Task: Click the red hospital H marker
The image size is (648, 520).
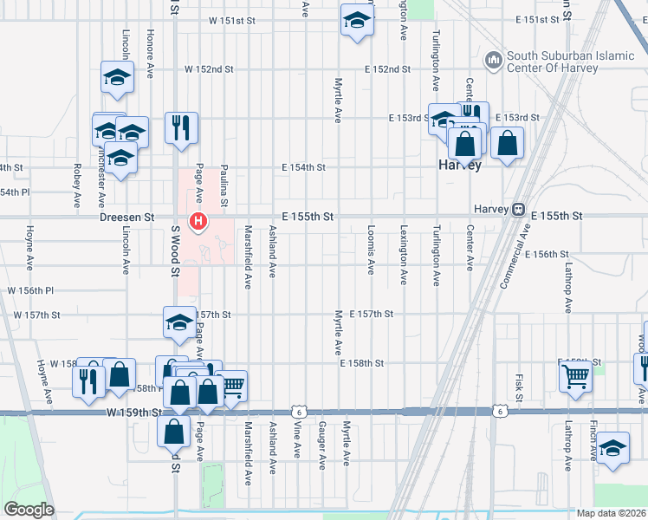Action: pyautogui.click(x=198, y=223)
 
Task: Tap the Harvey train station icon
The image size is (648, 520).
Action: pyautogui.click(x=518, y=209)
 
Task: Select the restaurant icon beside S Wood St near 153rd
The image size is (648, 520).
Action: pyautogui.click(x=181, y=127)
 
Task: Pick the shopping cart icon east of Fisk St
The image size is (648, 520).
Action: pyautogui.click(x=574, y=377)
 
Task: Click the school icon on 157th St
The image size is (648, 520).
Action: pyautogui.click(x=179, y=322)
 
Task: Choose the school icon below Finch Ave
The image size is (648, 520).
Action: pyautogui.click(x=612, y=447)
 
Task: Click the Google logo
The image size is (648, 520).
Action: pyautogui.click(x=29, y=510)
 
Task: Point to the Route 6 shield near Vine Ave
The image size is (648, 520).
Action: pyautogui.click(x=297, y=413)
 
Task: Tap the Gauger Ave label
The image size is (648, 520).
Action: pyautogui.click(x=321, y=445)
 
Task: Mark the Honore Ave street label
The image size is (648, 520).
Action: pyautogui.click(x=150, y=57)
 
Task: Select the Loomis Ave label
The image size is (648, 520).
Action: pyautogui.click(x=371, y=251)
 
